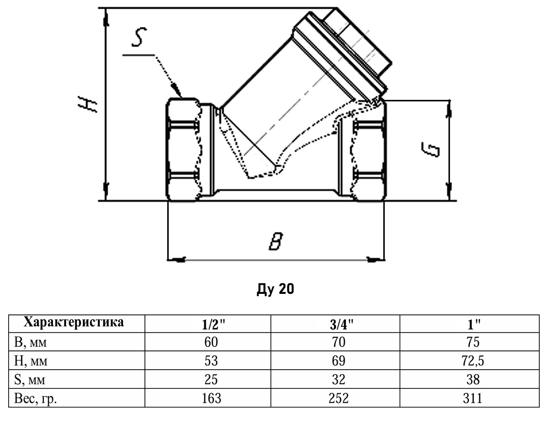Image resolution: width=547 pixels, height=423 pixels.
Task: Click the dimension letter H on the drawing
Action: tap(88, 104)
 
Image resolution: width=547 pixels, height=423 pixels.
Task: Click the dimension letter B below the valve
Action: tap(276, 241)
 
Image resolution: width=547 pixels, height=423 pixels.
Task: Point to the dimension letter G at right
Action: tap(430, 150)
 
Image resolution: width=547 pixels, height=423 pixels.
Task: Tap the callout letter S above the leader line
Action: tap(139, 37)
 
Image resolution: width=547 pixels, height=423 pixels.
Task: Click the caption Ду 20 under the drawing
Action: tap(275, 289)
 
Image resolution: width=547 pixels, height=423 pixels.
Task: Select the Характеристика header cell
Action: tap(74, 322)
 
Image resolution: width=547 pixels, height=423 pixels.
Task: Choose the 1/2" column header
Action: tap(213, 325)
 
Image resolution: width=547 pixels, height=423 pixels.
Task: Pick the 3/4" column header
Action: tap(341, 325)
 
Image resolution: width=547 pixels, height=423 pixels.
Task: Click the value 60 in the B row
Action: tap(211, 342)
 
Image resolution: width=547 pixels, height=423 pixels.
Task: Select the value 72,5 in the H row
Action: tap(473, 361)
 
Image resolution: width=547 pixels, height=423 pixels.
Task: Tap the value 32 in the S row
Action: tap(338, 379)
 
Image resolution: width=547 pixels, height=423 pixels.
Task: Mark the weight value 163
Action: tap(212, 398)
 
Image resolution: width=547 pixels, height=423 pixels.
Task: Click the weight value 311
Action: tap(473, 398)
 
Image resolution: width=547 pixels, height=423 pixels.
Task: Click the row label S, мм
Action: tap(30, 380)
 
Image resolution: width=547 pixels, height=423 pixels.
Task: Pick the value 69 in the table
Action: tap(338, 361)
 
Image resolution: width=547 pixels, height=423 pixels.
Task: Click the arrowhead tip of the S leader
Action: tap(181, 97)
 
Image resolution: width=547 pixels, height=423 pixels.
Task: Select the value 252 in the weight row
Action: tap(339, 398)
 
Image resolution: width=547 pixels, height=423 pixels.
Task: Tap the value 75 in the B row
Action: tap(473, 342)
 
